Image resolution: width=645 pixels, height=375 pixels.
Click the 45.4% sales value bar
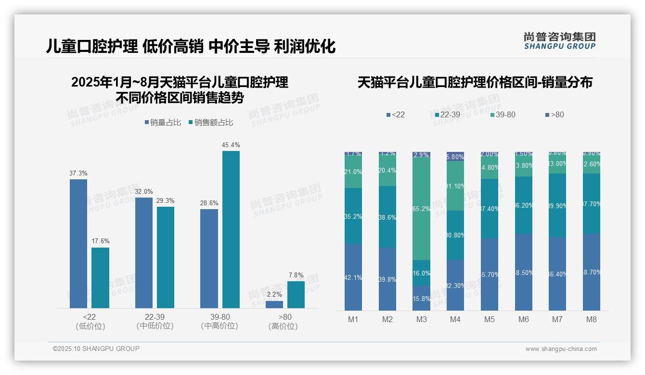click(231, 229)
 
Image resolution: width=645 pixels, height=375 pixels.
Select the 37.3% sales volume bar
click(78, 243)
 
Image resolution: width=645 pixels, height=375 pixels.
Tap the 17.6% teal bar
click(100, 277)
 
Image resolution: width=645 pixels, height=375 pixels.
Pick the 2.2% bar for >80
click(274, 304)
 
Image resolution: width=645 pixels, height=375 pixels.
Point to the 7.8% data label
click(296, 275)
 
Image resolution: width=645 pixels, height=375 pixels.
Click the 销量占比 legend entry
click(163, 123)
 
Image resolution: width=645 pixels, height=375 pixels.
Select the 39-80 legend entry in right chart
click(503, 114)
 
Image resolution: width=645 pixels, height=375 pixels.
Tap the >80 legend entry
click(555, 114)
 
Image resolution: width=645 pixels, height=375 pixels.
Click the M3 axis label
click(421, 320)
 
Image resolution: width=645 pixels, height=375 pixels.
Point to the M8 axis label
click(592, 320)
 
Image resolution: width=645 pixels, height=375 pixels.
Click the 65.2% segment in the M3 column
click(421, 209)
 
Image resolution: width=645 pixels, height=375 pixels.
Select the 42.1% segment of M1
click(353, 277)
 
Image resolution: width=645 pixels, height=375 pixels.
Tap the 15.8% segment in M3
click(421, 298)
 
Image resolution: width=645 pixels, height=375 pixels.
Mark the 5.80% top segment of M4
click(455, 156)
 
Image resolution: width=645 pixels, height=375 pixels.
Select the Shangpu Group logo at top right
click(559, 40)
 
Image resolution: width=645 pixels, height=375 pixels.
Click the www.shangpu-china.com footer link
click(561, 349)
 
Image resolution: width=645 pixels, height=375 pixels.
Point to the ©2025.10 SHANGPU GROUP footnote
click(96, 349)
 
